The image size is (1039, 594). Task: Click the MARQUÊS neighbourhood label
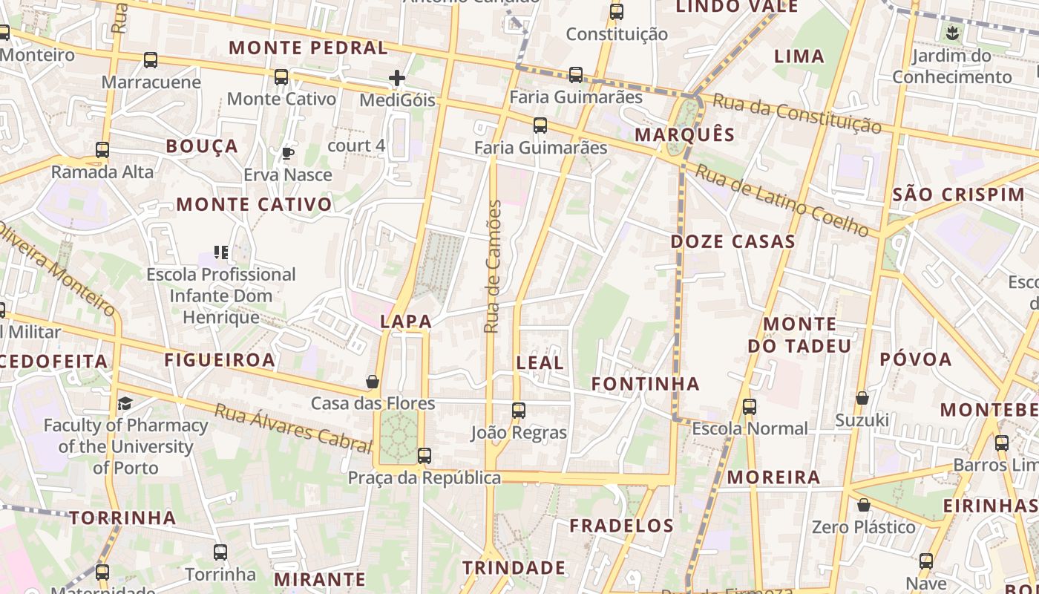click(684, 134)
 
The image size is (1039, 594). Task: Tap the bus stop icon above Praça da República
click(424, 456)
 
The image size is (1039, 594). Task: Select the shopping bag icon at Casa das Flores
click(373, 382)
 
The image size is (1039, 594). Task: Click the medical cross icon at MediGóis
click(397, 77)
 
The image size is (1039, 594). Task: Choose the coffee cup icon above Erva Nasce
click(287, 154)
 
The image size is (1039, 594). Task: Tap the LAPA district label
click(405, 322)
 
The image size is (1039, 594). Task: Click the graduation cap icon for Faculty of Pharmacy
click(125, 403)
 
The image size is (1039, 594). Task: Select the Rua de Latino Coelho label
click(782, 199)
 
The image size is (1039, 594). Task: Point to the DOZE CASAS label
click(732, 241)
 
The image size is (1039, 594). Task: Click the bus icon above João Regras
click(519, 410)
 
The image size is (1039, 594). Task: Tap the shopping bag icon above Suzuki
click(862, 399)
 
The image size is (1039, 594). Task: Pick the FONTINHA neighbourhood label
click(645, 383)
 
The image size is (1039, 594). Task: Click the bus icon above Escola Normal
click(750, 406)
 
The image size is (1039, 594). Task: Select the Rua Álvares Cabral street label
click(292, 428)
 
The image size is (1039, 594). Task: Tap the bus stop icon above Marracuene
click(151, 60)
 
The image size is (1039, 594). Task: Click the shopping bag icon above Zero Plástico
click(863, 506)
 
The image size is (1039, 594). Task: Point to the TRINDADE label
click(514, 568)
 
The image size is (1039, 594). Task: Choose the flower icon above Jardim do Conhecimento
click(952, 33)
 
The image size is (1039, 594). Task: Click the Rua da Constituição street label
click(796, 113)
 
